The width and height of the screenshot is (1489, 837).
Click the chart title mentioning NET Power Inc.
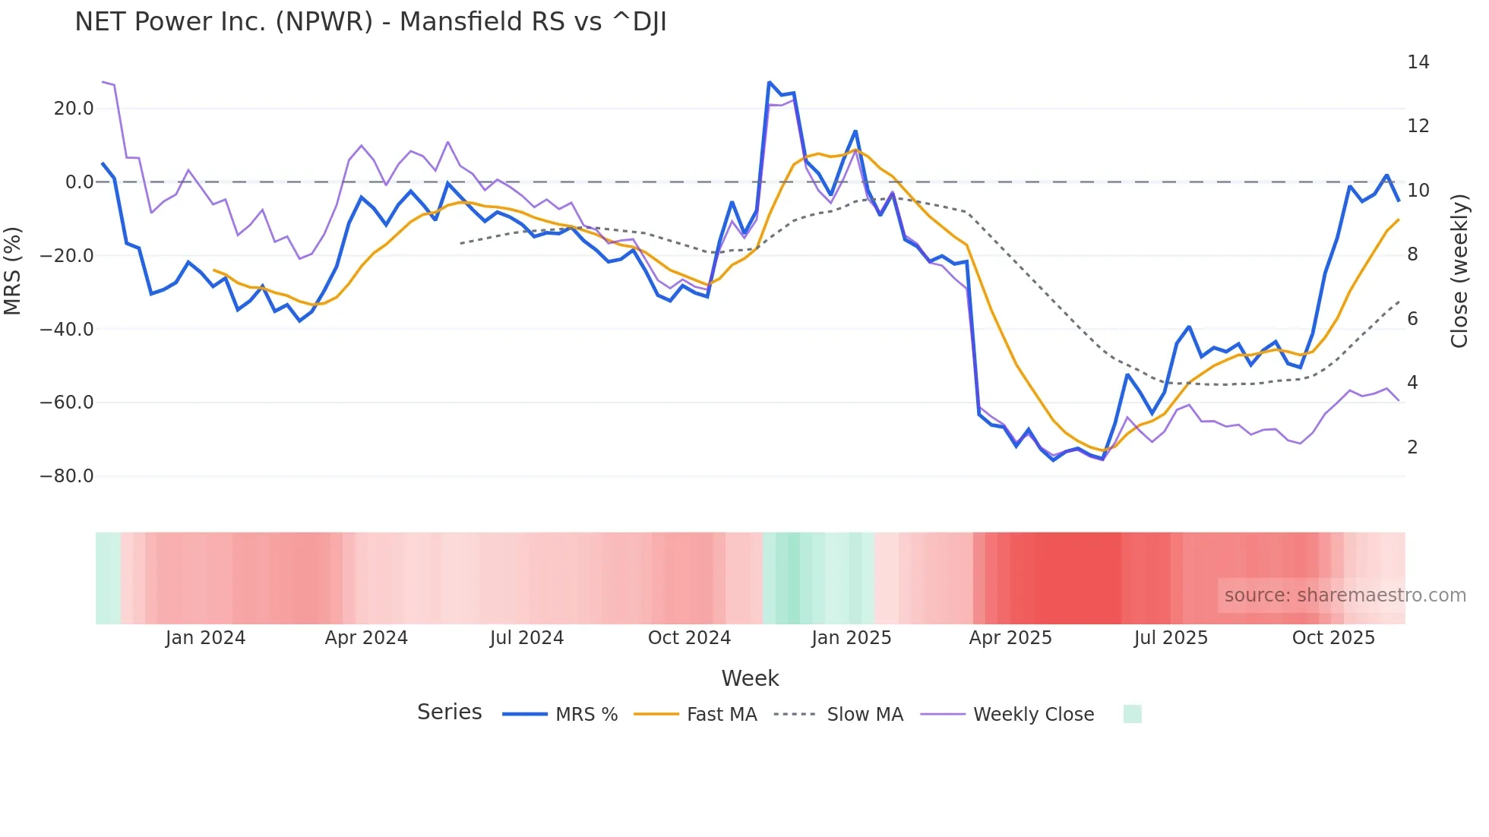(371, 22)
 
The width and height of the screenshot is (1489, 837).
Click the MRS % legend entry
(586, 715)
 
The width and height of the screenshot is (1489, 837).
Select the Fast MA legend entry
(721, 715)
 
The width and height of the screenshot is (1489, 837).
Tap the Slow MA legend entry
(865, 715)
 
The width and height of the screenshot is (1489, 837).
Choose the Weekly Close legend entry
(1033, 715)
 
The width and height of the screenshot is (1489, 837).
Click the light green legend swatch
(1132, 714)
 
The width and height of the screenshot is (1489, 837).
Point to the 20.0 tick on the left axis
(74, 109)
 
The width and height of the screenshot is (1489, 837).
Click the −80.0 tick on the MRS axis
(67, 476)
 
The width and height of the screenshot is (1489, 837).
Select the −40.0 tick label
(67, 330)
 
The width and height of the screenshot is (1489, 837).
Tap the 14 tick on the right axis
(1418, 62)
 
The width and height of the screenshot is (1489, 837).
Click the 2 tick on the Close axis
(1412, 447)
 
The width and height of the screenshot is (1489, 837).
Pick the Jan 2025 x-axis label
(851, 638)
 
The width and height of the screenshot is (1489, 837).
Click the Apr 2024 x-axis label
(366, 638)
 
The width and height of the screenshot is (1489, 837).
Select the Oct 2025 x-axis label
(1333, 638)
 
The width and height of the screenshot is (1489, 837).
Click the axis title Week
(750, 678)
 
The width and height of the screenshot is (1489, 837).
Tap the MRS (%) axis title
(13, 270)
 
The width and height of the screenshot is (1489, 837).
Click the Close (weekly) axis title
(1459, 270)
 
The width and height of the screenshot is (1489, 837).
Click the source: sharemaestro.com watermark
(1345, 595)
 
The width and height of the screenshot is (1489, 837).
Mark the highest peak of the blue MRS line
(770, 82)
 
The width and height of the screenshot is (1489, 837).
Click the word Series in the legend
(449, 712)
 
